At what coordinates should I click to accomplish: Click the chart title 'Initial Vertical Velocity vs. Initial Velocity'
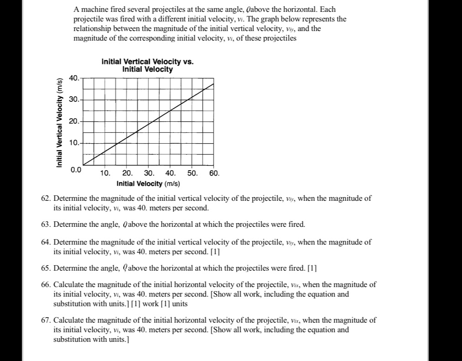147,66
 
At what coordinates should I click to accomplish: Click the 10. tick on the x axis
105,173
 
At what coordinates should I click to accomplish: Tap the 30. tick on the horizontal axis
149,173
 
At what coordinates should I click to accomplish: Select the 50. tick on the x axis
192,173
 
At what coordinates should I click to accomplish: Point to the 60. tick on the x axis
214,173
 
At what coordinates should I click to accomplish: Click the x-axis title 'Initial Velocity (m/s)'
148,183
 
